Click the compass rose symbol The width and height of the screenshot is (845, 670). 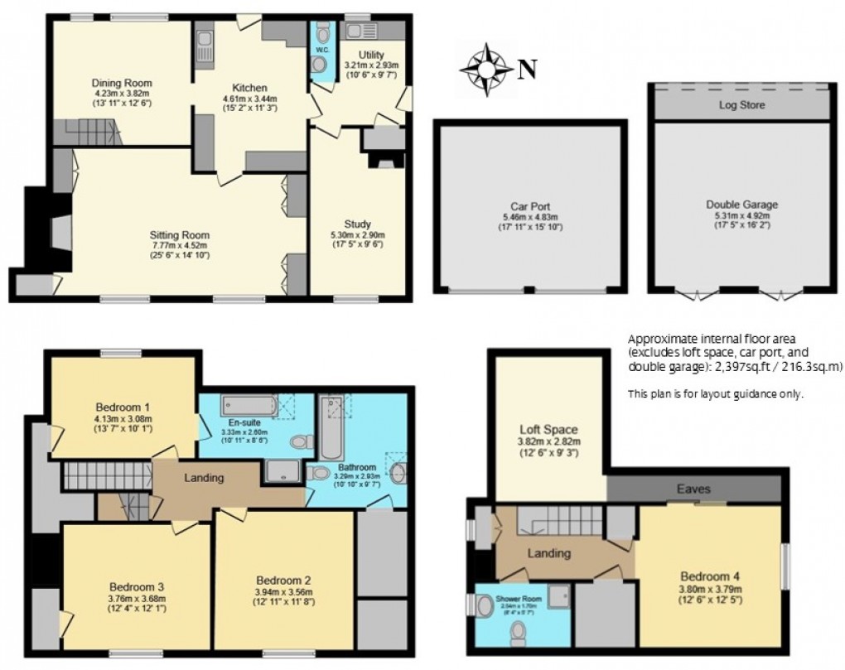486,70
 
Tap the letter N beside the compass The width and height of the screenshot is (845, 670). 524,70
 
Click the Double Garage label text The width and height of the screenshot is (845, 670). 741,205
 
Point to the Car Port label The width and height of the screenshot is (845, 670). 529,207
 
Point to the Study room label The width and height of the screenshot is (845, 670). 357,224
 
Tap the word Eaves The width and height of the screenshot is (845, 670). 693,489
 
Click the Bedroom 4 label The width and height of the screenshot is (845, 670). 709,577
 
